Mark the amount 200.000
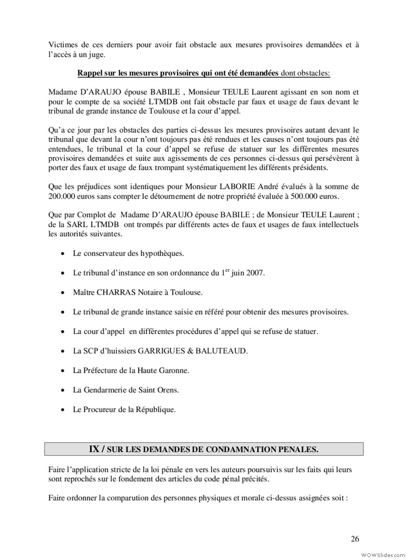[x=63, y=196]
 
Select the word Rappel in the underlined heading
[x=90, y=73]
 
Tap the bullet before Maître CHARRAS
[x=62, y=293]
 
